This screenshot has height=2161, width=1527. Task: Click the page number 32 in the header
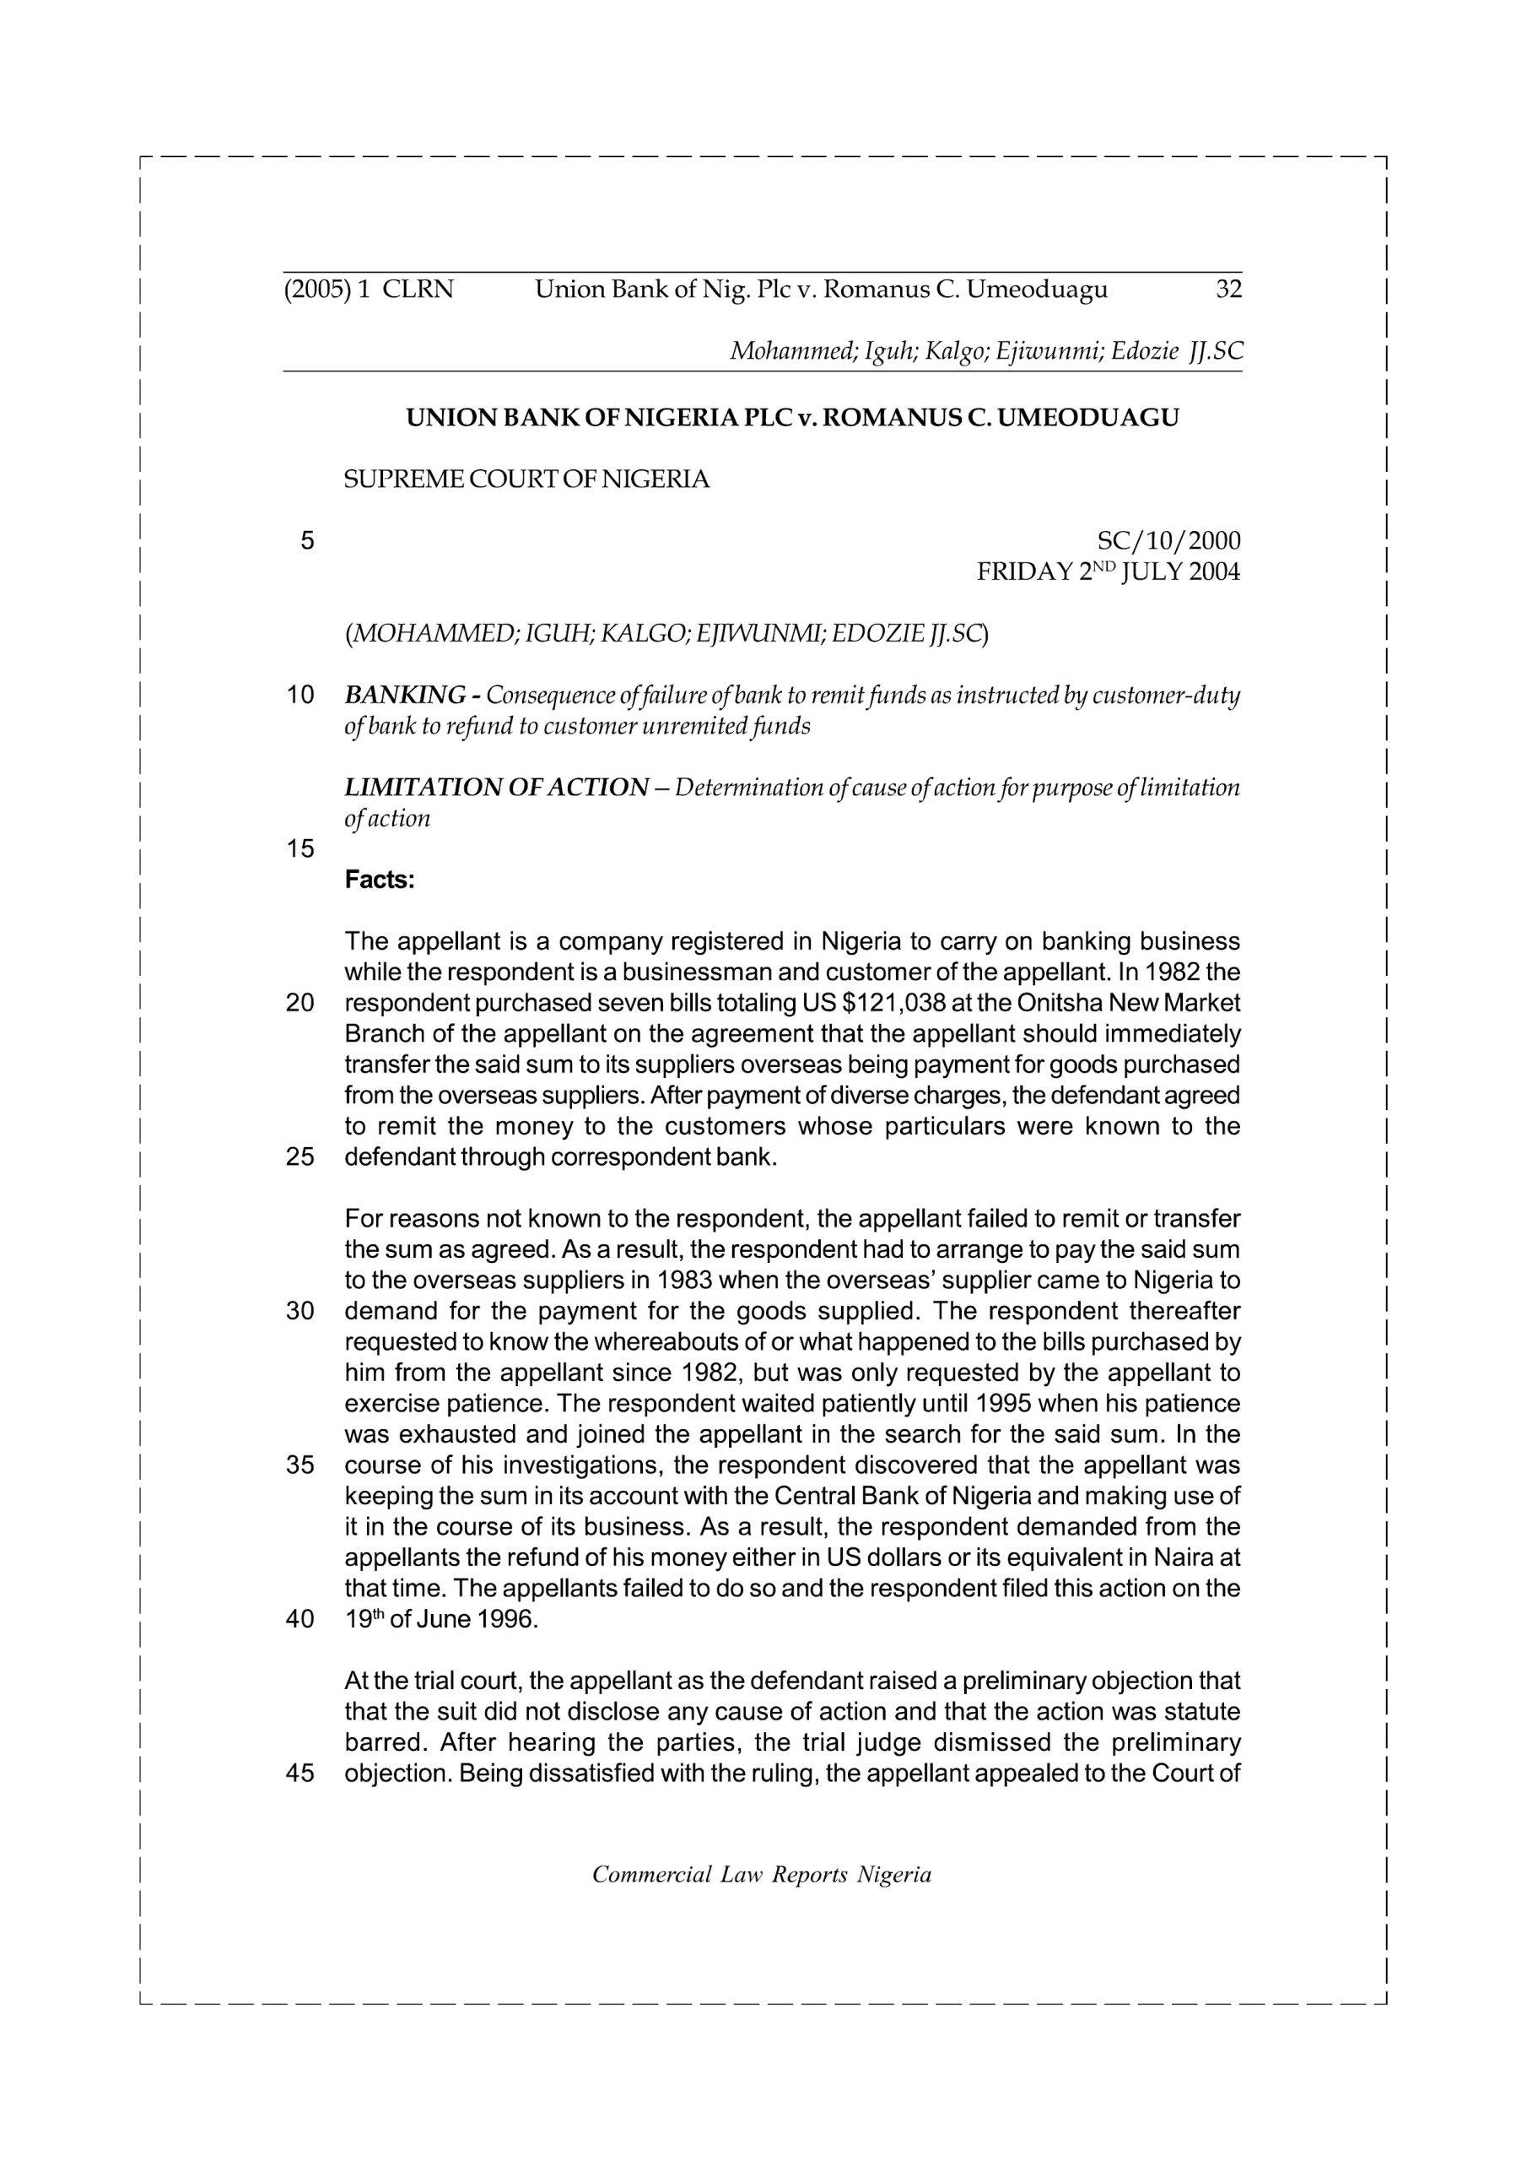1228,290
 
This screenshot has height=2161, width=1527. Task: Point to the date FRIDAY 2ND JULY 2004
1109,571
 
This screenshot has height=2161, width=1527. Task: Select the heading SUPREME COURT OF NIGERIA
527,479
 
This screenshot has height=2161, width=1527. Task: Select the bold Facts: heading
379,880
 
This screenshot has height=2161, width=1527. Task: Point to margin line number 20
300,1004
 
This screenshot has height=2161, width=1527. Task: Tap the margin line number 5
307,541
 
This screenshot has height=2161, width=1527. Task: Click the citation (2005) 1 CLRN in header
369,290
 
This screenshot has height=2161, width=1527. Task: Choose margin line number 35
300,1465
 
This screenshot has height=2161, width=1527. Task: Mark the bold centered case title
792,418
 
